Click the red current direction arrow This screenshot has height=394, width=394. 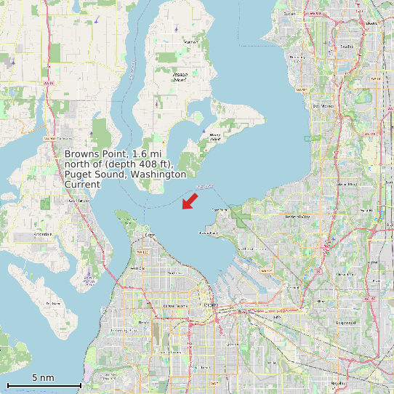coord(190,200)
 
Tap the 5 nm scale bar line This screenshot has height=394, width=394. coord(44,384)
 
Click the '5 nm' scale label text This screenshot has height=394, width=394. coord(43,378)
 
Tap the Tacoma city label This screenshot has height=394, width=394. coord(211,306)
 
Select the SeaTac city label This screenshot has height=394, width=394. coord(346,47)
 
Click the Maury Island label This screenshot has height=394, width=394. coord(215,136)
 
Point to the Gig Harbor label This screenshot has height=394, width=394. coord(78,201)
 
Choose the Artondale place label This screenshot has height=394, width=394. coord(43,234)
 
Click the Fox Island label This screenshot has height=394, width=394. coord(52,303)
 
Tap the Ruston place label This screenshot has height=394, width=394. coord(151,236)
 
